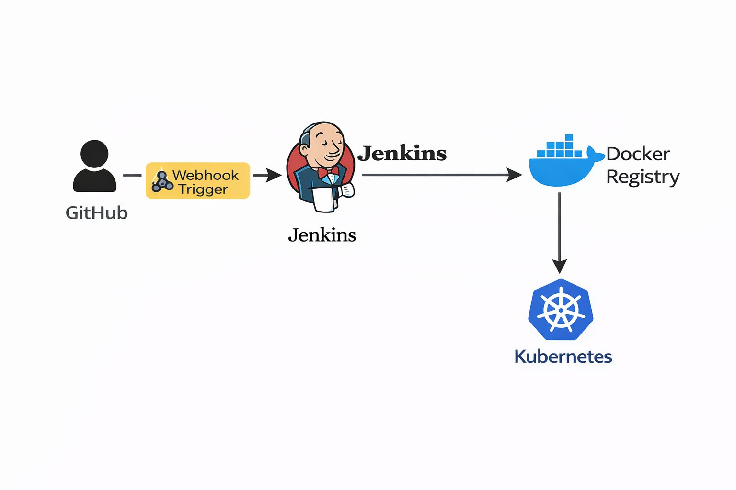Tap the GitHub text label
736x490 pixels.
point(97,213)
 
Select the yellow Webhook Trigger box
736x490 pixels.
point(197,180)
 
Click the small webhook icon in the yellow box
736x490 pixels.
point(162,182)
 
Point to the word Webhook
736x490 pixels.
point(206,175)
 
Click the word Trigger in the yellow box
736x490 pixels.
point(203,189)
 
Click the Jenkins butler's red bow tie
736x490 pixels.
point(328,172)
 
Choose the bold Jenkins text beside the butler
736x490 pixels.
point(402,154)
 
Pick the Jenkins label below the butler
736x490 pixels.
point(322,235)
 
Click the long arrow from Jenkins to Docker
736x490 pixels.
point(441,175)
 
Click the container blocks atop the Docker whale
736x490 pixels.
point(559,148)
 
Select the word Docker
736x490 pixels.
point(638,154)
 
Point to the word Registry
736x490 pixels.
point(643,177)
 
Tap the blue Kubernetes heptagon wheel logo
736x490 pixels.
point(561,310)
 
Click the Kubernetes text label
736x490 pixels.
point(563,356)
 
